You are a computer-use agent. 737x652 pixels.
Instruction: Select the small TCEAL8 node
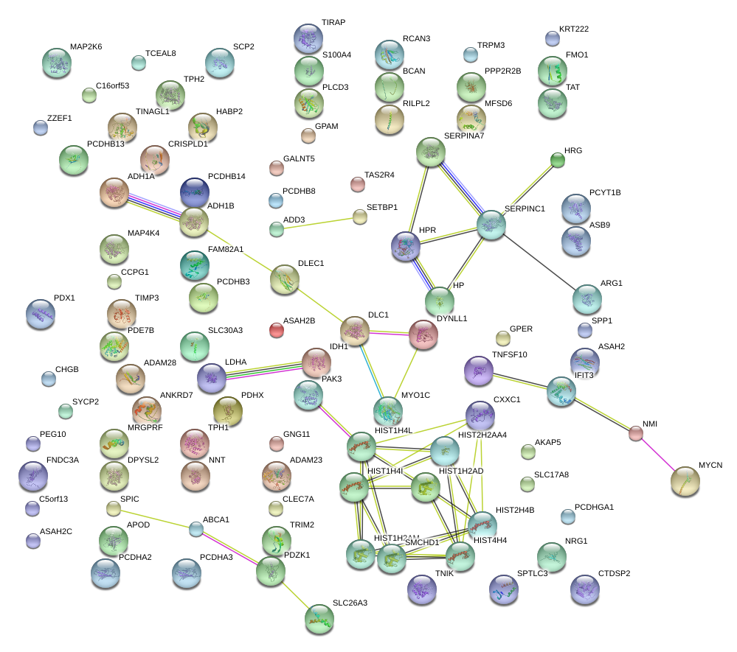(x=138, y=63)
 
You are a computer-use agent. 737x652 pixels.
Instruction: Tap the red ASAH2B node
(x=276, y=330)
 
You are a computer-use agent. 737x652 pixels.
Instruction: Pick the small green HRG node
(x=558, y=159)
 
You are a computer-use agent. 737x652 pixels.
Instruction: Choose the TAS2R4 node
(x=357, y=184)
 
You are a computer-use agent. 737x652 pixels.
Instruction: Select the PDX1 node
(x=41, y=314)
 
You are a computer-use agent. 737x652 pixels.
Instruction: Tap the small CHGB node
(x=48, y=379)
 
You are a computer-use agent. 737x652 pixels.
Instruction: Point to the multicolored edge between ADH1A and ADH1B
(x=154, y=207)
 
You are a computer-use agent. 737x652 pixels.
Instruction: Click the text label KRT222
(x=574, y=29)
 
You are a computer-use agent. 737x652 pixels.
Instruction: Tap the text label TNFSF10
(x=510, y=354)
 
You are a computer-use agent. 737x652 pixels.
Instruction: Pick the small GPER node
(x=502, y=338)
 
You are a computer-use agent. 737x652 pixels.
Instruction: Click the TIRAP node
(x=308, y=38)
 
